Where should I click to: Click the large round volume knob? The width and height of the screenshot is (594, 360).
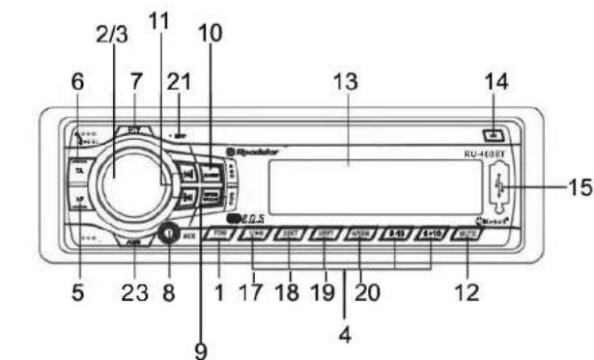coord(115,175)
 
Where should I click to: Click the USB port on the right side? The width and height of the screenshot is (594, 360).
coord(497,187)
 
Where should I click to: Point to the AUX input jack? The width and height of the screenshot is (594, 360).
coord(165,232)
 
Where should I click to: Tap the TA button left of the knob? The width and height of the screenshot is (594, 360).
coord(77,171)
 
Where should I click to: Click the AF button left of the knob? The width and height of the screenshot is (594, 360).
coord(77,202)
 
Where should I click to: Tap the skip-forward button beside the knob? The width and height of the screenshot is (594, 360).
coord(189,176)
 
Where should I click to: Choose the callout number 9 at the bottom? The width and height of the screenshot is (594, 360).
coord(200,350)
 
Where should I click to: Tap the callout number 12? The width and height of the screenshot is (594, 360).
coord(467,291)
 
